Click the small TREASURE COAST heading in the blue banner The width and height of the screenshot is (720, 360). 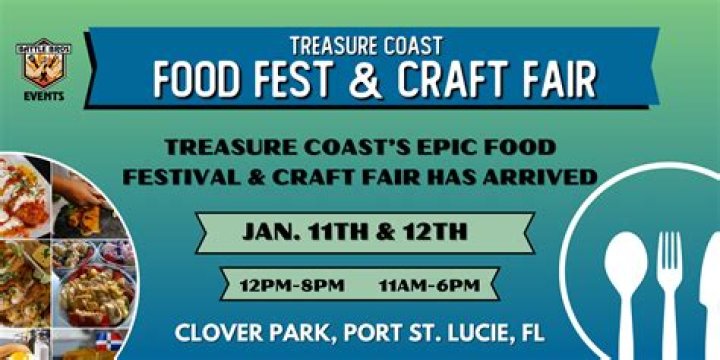[x=366, y=44]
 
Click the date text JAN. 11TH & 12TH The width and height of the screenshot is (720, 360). [x=355, y=233]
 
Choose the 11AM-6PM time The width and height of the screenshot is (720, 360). [x=429, y=285]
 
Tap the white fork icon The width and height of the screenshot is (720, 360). [x=669, y=290]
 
